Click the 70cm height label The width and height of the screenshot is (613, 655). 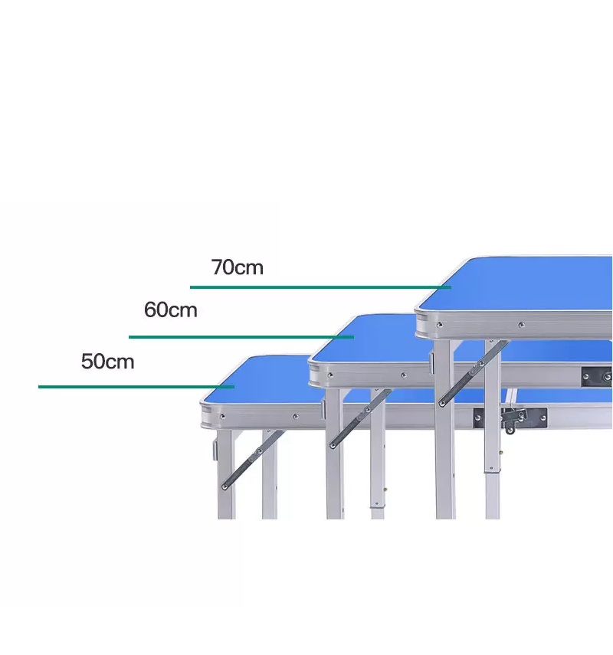237,267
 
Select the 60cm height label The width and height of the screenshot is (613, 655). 170,310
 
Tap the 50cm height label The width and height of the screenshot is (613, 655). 107,361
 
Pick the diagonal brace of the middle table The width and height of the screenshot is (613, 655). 361,418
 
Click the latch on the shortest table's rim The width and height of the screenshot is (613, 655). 515,418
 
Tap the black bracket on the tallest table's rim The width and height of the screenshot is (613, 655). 597,376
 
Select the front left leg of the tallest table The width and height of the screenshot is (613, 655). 444,429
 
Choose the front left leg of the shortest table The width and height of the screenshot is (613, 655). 225,475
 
